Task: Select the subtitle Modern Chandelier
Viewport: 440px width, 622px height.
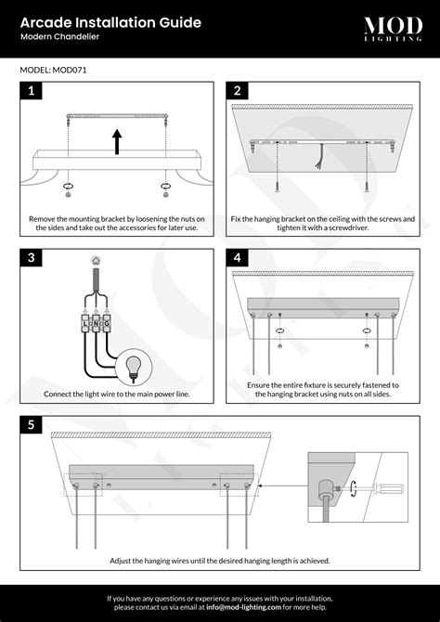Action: coord(59,37)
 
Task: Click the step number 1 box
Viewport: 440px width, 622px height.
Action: coord(31,91)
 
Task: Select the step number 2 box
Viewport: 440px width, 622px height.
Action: coord(238,91)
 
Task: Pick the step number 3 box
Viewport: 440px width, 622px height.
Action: coord(31,257)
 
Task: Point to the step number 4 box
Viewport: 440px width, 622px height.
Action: coord(238,257)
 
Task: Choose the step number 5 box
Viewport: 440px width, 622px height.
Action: coord(31,425)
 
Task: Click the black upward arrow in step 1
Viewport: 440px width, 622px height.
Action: coord(117,140)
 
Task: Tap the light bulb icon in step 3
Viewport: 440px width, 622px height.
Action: coord(133,365)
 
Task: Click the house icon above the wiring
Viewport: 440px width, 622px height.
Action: coord(93,264)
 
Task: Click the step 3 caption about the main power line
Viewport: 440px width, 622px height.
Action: coord(117,395)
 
